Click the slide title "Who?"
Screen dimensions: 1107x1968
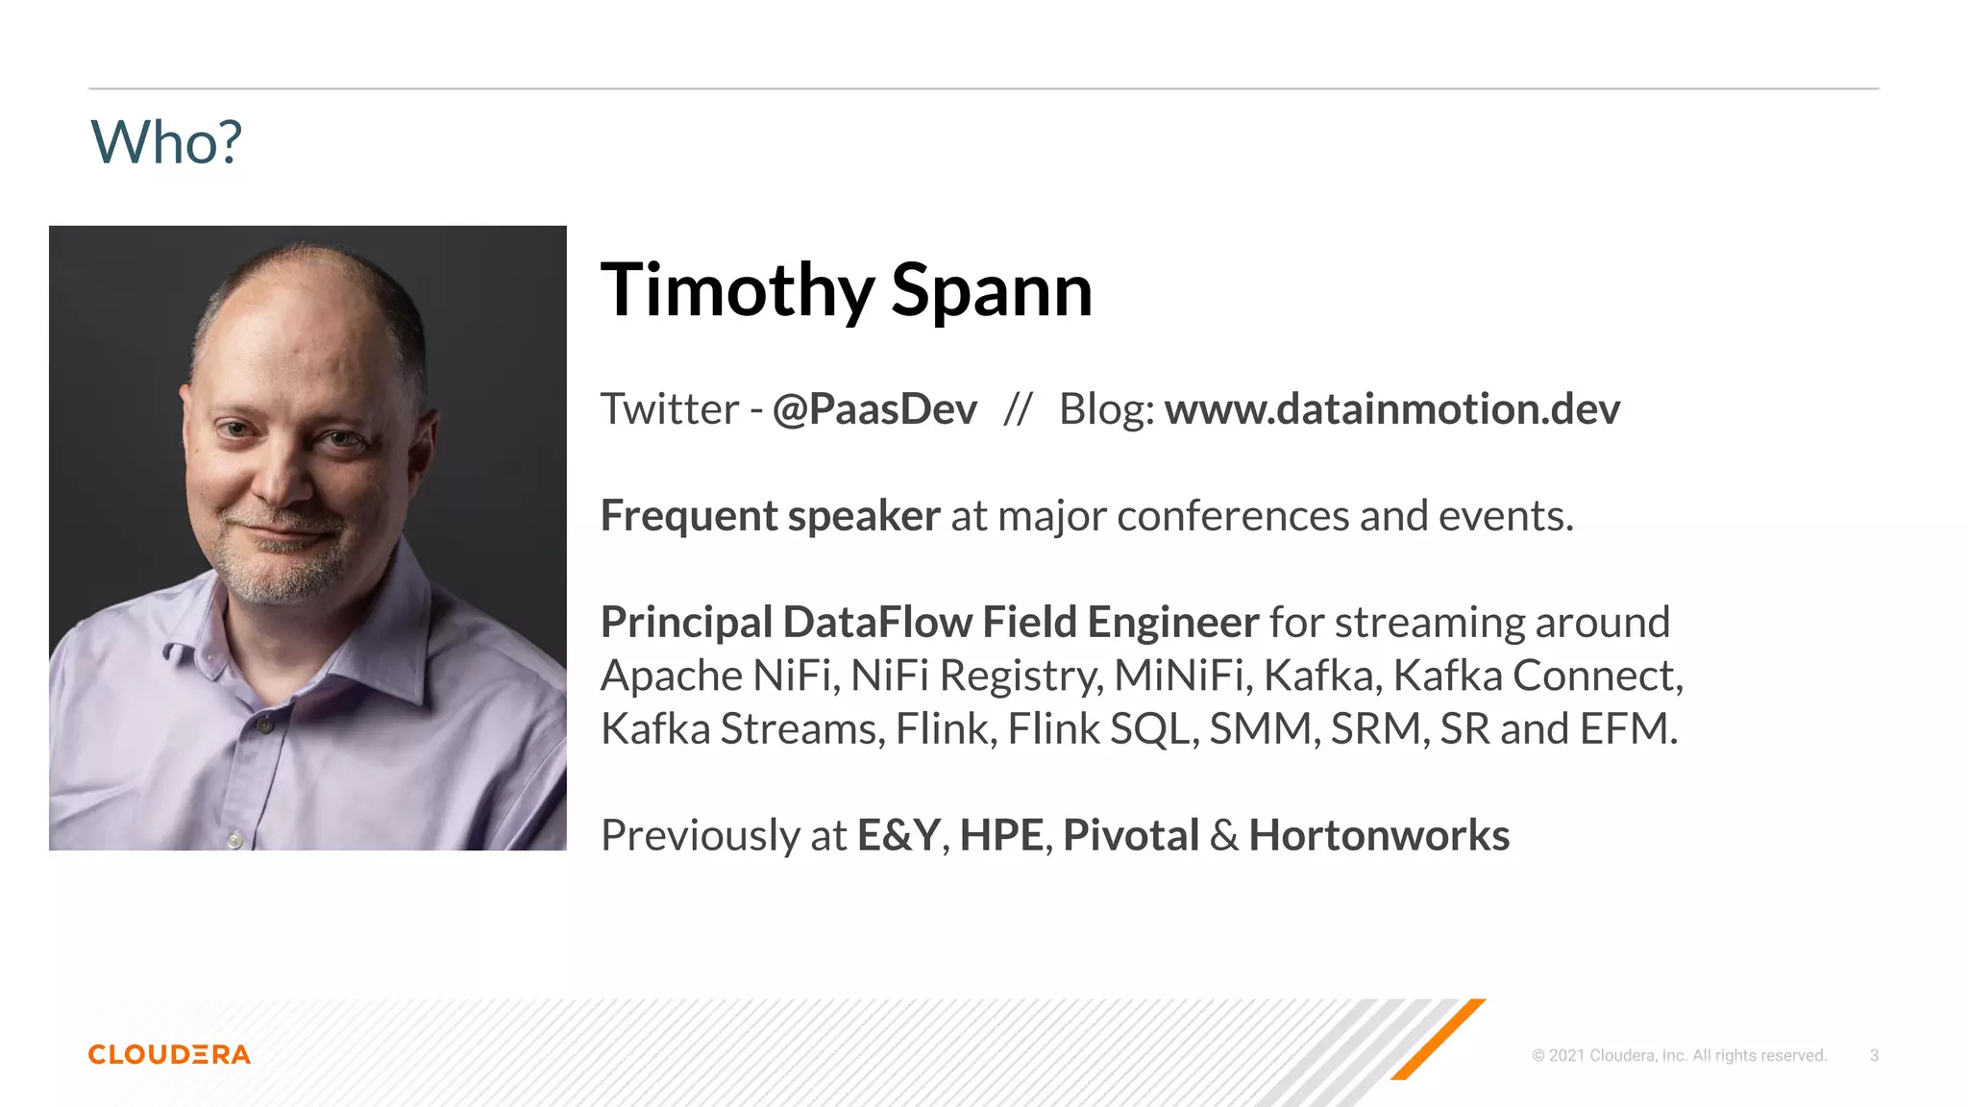coord(165,143)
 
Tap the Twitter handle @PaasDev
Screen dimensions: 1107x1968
coord(874,409)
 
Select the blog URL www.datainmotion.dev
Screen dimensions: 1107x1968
coord(1391,409)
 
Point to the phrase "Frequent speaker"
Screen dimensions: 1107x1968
coord(770,516)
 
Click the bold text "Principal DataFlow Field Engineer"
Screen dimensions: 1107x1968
coord(929,623)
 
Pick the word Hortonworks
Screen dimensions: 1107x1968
coord(1379,835)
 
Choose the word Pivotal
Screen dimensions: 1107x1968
coord(1131,835)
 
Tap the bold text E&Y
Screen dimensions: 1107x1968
coord(898,835)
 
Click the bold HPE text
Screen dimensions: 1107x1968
coord(1001,835)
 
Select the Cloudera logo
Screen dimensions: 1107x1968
coord(169,1054)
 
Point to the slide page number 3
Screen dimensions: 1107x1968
coord(1874,1055)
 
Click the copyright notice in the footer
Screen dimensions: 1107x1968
coord(1679,1055)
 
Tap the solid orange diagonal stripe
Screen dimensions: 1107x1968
coord(1439,1040)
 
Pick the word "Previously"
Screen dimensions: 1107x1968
coord(701,835)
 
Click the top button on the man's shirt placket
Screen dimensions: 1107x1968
coord(265,726)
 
